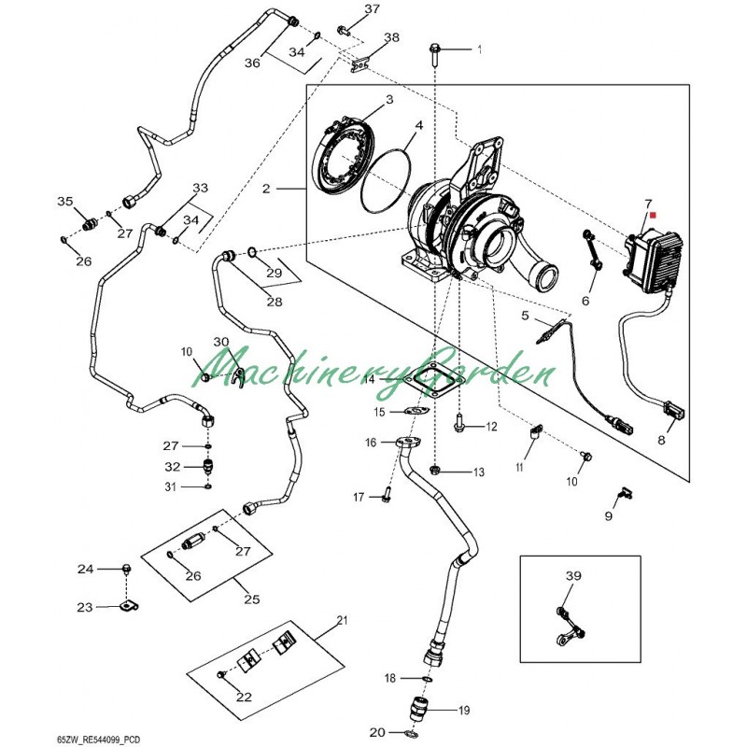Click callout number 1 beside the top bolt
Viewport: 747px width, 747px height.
point(480,49)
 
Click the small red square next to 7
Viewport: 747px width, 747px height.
point(653,214)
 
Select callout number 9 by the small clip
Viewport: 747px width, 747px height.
point(608,515)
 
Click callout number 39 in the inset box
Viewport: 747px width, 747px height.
point(573,576)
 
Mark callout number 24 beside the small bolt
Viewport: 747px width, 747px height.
point(85,569)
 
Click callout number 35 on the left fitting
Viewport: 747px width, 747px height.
point(64,202)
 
